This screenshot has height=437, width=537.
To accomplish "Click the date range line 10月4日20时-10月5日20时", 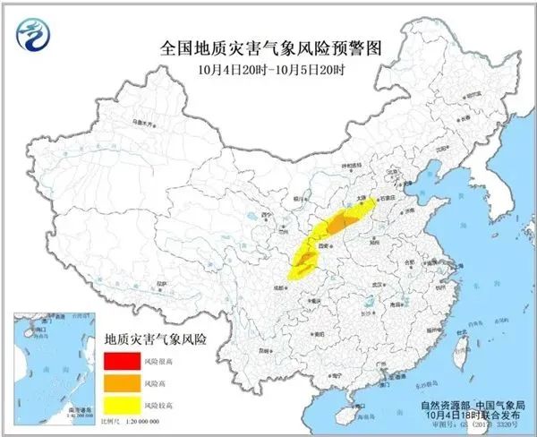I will (268, 68).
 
